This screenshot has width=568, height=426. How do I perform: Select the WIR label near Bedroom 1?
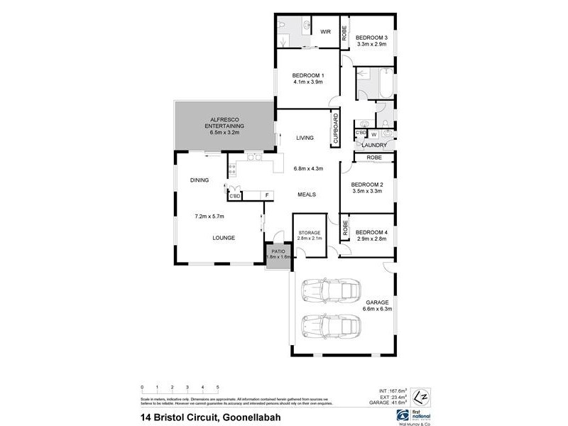pos(326,31)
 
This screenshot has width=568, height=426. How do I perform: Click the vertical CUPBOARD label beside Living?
pos(336,129)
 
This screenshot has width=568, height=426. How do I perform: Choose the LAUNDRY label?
pos(373,145)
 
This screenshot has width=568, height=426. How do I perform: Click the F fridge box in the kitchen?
pos(267,195)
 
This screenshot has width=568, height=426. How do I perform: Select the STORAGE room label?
pos(310,233)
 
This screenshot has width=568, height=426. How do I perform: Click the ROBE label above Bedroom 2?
pos(374,157)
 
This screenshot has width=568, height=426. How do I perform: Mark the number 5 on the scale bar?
pos(217,388)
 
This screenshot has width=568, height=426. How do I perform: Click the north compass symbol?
pos(420,394)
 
